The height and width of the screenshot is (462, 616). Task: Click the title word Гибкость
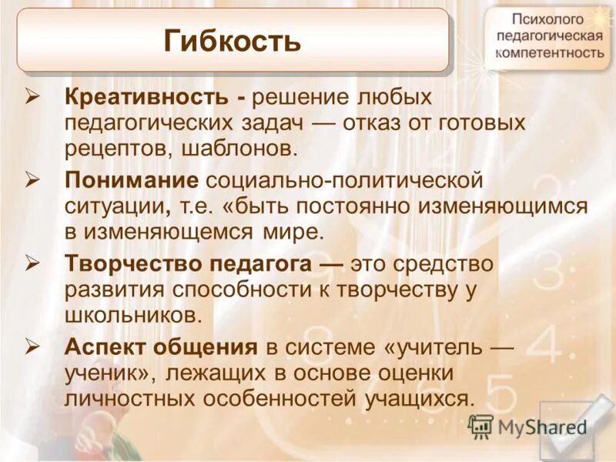click(232, 40)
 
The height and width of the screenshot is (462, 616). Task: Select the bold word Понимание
click(132, 181)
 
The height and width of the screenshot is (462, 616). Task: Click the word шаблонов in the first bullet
click(239, 147)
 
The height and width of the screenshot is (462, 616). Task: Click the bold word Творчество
click(131, 264)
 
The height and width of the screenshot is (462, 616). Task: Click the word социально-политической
click(344, 181)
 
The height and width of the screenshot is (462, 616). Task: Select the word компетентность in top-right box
click(549, 53)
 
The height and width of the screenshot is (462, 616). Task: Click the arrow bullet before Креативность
click(32, 97)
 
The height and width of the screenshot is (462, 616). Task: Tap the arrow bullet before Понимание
click(32, 180)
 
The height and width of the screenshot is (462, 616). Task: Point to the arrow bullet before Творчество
click(32, 263)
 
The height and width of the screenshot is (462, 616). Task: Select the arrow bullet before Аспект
click(32, 346)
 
